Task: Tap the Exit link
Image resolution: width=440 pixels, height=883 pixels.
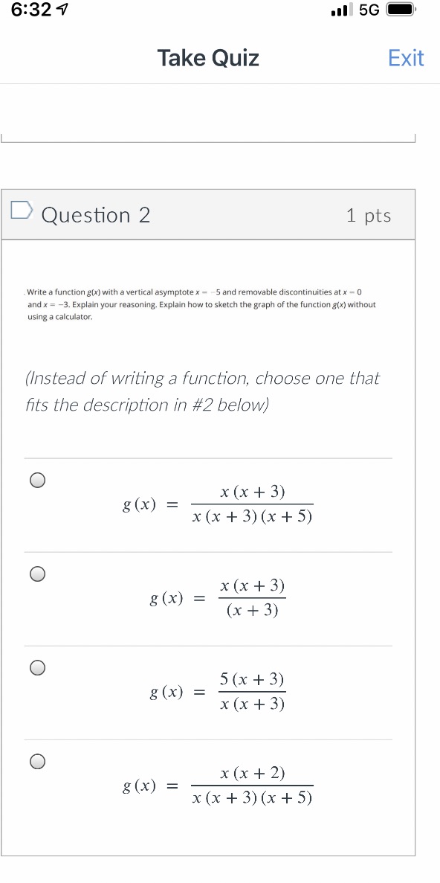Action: tap(406, 58)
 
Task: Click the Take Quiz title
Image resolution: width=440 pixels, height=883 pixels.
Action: tap(208, 58)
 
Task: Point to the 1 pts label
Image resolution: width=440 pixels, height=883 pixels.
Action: tap(369, 216)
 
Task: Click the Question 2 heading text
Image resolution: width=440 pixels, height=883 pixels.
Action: tap(96, 216)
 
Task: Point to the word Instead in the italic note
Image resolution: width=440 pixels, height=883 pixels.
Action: tap(58, 379)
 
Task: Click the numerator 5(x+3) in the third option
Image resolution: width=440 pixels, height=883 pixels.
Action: tap(252, 679)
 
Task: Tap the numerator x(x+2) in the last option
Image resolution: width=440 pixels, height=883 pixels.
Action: tap(252, 773)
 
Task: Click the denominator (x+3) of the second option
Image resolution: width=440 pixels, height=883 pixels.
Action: tap(252, 611)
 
